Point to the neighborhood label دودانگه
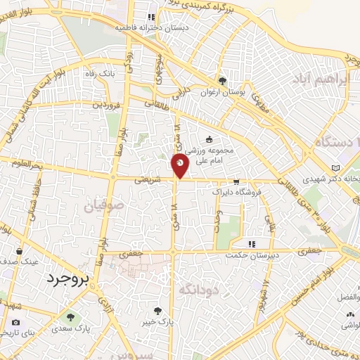pos(200,289)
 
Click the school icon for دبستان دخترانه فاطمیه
pos(150,17)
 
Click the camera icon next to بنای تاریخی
pos(16,321)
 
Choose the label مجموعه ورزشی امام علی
pos(209,155)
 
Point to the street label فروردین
pos(105,104)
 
